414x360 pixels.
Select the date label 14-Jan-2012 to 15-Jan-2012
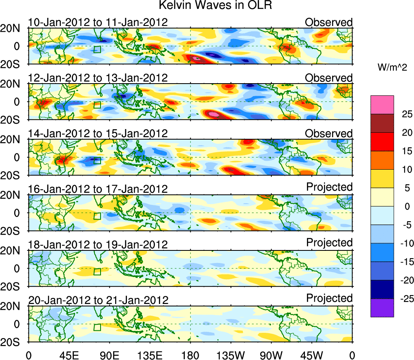(98, 134)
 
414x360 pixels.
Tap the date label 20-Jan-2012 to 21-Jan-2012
(98, 300)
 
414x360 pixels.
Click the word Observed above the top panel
(329, 22)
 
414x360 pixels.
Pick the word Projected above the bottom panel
(329, 298)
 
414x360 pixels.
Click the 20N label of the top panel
(13, 28)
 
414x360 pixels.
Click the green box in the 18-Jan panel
(97, 272)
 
